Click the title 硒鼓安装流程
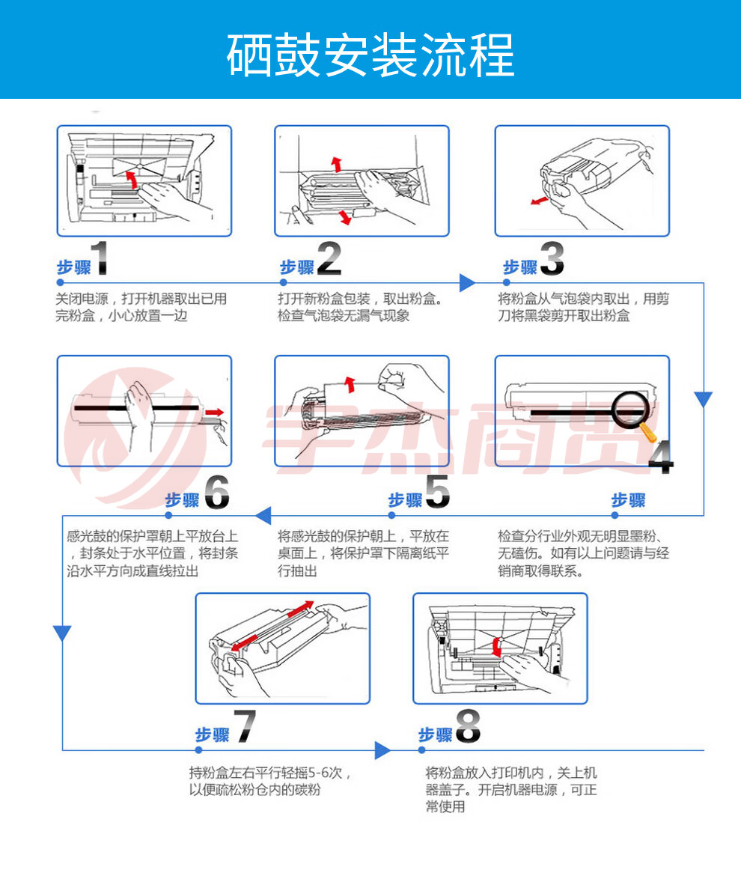370,55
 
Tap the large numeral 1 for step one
100,258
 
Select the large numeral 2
329,258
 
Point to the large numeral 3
552,258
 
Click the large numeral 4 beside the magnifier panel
661,457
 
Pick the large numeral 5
438,491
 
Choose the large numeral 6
216,492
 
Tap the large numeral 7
245,726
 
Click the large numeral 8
468,726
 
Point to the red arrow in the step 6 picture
214,413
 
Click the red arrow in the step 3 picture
540,200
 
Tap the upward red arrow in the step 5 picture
350,384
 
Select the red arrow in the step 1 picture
131,180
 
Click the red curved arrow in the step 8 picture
497,646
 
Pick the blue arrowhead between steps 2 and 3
467,283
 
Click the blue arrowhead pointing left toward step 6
263,516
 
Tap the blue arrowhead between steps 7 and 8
382,750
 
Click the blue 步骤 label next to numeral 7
212,735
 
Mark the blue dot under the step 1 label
60,283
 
